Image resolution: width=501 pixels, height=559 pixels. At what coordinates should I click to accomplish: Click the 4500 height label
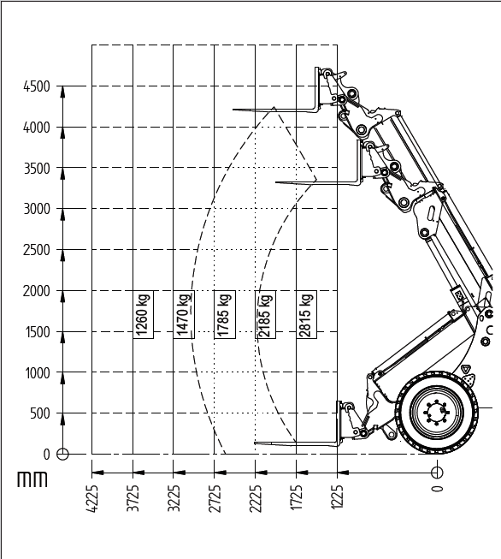pos(36,86)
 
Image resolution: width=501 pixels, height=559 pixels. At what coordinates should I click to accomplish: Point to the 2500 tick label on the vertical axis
pos(36,250)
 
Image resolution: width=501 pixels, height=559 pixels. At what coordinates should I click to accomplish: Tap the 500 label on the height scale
pos(40,413)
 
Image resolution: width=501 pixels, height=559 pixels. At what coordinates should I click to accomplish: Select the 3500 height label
pos(36,169)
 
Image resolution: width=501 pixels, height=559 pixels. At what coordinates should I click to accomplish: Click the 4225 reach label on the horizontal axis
pos(91,499)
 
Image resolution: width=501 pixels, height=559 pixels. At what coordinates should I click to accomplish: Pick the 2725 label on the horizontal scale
pos(215,499)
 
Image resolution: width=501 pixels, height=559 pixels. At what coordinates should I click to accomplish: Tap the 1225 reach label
pos(338,497)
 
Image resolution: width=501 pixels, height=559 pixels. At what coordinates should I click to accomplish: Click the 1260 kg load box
pos(143,314)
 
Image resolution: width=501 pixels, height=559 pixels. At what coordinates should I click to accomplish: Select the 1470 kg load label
pos(184,314)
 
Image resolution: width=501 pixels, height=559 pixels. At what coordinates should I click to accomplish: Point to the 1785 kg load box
pos(225,314)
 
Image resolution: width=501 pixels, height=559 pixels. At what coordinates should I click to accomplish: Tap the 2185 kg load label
pos(266,314)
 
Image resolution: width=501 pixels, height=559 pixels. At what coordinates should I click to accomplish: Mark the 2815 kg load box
pos(307,314)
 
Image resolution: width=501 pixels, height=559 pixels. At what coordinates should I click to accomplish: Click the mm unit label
pos(32,479)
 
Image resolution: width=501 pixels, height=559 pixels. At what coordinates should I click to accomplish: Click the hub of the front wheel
pos(437,412)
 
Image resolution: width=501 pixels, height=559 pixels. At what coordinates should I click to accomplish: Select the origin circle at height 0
pos(62,455)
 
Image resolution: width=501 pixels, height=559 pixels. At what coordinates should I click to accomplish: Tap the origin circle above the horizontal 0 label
pos(437,473)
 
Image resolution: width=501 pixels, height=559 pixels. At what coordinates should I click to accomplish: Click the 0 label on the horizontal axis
pos(437,489)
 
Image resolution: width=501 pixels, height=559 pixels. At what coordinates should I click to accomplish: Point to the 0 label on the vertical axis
pos(47,455)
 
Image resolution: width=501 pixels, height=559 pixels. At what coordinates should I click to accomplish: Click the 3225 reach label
pos(174,499)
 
